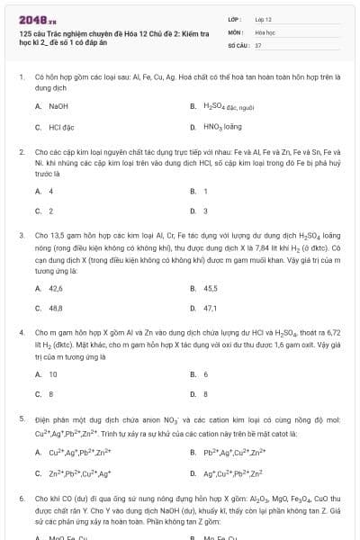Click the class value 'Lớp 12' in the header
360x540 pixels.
[263, 18]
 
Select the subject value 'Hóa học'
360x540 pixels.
[265, 31]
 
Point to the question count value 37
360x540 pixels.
[258, 43]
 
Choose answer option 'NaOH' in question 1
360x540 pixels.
[58, 106]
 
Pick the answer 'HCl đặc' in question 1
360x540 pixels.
[60, 128]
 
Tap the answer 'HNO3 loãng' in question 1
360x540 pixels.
[221, 128]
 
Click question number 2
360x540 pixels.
[21, 153]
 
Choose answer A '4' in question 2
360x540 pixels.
[50, 192]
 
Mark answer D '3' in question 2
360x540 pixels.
[206, 211]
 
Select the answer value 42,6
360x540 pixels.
[56, 289]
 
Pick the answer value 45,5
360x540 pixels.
[211, 289]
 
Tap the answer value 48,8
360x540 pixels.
[56, 308]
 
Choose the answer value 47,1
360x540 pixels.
[211, 308]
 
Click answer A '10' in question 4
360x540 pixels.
[53, 374]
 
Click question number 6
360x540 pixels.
[21, 497]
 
